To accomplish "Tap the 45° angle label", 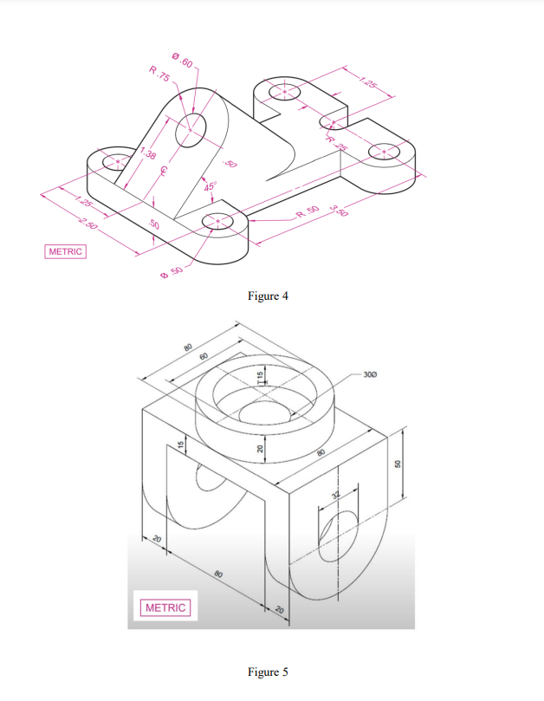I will pos(210,185).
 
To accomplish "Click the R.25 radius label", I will pos(336,143).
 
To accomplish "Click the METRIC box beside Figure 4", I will pos(66,251).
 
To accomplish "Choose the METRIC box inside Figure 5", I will pos(165,607).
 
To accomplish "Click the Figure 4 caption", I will pos(268,296).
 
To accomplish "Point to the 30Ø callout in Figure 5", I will pos(370,374).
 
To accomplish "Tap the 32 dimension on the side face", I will pos(336,497).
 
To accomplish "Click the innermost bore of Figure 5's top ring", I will pos(262,413).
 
